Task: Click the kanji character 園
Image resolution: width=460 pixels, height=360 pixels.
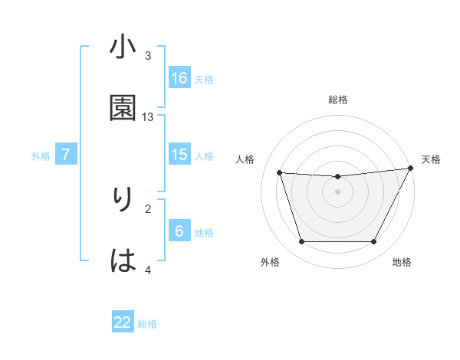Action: [x=123, y=108]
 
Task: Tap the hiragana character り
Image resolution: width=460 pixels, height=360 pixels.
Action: [x=123, y=200]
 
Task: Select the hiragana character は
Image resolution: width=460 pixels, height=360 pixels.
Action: [x=123, y=260]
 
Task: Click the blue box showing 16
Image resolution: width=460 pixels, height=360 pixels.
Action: [x=179, y=77]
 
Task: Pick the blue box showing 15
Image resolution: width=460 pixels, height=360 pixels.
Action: [x=179, y=155]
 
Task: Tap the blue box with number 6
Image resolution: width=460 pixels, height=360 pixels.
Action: [x=179, y=231]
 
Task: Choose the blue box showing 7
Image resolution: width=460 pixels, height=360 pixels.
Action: [x=66, y=155]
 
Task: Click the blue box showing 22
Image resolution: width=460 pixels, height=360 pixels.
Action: [x=123, y=322]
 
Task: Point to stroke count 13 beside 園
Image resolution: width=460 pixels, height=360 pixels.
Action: [x=148, y=117]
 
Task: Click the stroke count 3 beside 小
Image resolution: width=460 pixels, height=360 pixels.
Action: [x=148, y=56]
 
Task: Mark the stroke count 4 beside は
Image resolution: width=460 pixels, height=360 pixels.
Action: [x=148, y=270]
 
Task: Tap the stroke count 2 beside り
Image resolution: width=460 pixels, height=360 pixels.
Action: [x=148, y=208]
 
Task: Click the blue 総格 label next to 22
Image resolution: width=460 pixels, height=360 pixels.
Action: [x=147, y=324]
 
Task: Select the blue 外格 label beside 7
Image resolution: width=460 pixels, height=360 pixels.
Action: [x=41, y=156]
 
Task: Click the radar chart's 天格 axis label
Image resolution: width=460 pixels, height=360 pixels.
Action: [x=432, y=159]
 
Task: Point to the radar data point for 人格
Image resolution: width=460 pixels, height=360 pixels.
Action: [x=280, y=173]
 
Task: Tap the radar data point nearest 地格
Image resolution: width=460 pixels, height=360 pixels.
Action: [x=373, y=242]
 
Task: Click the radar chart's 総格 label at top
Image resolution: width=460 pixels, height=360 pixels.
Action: [x=338, y=100]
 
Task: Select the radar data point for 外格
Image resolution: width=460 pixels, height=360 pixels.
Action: [x=301, y=242]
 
